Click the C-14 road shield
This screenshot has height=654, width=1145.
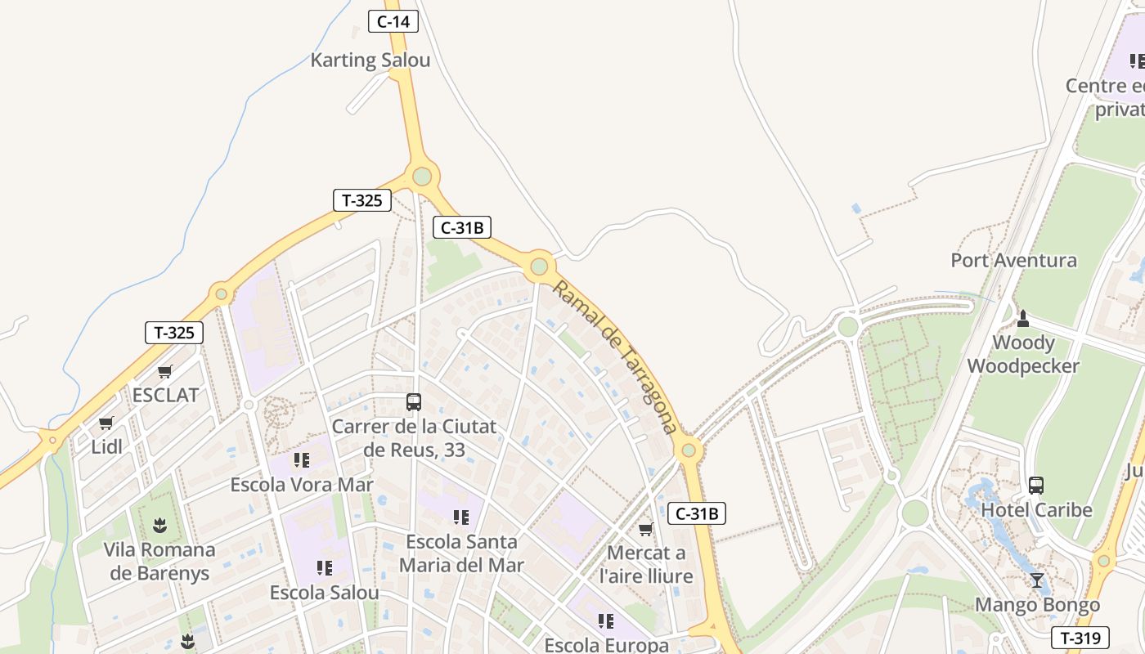point(393,21)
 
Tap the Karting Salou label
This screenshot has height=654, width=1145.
point(370,60)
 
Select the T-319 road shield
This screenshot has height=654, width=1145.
point(1080,638)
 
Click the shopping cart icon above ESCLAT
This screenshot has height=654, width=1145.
point(164,372)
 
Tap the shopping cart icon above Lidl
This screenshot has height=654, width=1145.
point(106,423)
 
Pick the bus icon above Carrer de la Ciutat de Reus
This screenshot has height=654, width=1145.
point(414,402)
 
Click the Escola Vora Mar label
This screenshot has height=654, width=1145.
point(302,485)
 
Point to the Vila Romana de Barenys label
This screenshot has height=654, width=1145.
point(159,561)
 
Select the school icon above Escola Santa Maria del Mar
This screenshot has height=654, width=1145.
point(461,517)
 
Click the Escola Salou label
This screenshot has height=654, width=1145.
point(325,593)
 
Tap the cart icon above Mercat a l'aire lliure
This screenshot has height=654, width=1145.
point(646,530)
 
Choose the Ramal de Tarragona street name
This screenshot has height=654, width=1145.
point(615,356)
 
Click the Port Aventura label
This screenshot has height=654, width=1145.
point(1013,261)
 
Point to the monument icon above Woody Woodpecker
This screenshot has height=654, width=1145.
point(1022,318)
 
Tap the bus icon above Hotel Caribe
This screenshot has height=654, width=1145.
point(1036,486)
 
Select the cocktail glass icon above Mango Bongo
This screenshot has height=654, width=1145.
point(1037,580)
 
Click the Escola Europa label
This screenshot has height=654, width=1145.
point(606,645)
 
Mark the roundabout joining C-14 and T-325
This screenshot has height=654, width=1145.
point(421,176)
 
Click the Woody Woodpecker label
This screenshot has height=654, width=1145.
point(1023,354)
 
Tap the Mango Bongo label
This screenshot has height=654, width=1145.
point(1037,605)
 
